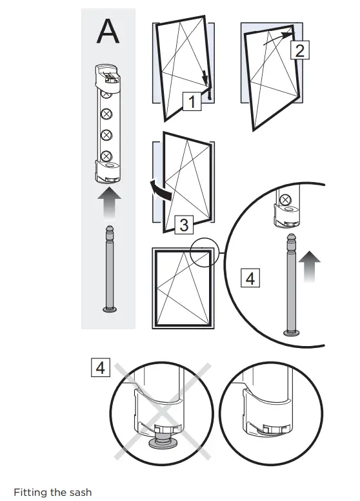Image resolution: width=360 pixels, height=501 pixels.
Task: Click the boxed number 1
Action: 190,102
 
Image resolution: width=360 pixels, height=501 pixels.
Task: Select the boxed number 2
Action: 299,50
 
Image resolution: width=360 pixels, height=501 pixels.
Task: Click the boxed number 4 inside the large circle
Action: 250,279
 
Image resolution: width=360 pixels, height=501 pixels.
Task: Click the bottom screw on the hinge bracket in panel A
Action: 107,155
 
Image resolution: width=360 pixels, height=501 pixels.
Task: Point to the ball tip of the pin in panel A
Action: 108,230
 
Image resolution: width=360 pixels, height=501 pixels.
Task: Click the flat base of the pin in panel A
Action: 108,310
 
